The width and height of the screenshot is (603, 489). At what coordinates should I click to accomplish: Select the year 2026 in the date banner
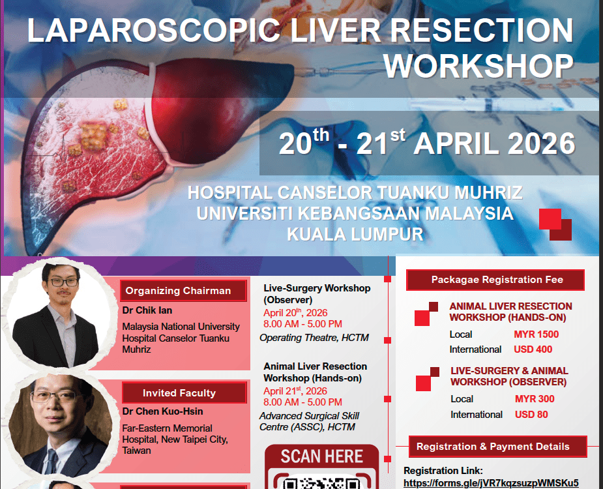[x=535, y=143]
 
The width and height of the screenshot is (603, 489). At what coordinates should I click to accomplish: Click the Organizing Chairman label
[x=178, y=291]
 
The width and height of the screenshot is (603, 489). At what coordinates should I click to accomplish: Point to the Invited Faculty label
[x=179, y=393]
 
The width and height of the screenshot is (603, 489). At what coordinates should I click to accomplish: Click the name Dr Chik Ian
[x=147, y=310]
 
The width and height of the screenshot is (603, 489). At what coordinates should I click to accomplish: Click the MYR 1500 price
[x=536, y=334]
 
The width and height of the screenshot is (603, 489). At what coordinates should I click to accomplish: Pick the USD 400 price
[x=533, y=349]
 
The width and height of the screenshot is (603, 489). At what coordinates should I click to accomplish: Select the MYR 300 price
[x=535, y=399]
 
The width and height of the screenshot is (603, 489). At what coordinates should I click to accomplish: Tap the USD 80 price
[x=531, y=415]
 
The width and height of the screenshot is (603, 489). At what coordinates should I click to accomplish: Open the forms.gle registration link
[x=491, y=483]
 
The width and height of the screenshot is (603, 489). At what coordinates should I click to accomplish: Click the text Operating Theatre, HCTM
[x=314, y=338]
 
